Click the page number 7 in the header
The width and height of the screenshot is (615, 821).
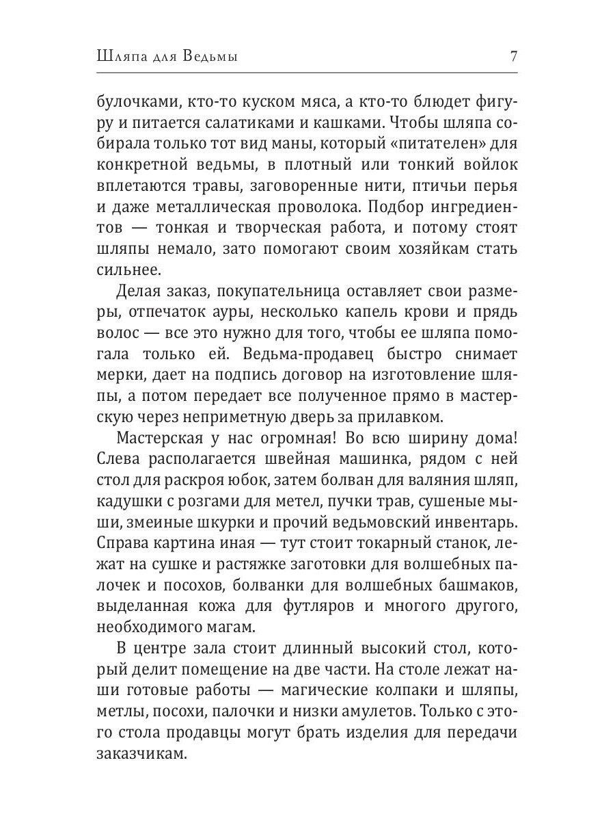513,57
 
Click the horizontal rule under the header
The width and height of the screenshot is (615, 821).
307,72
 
